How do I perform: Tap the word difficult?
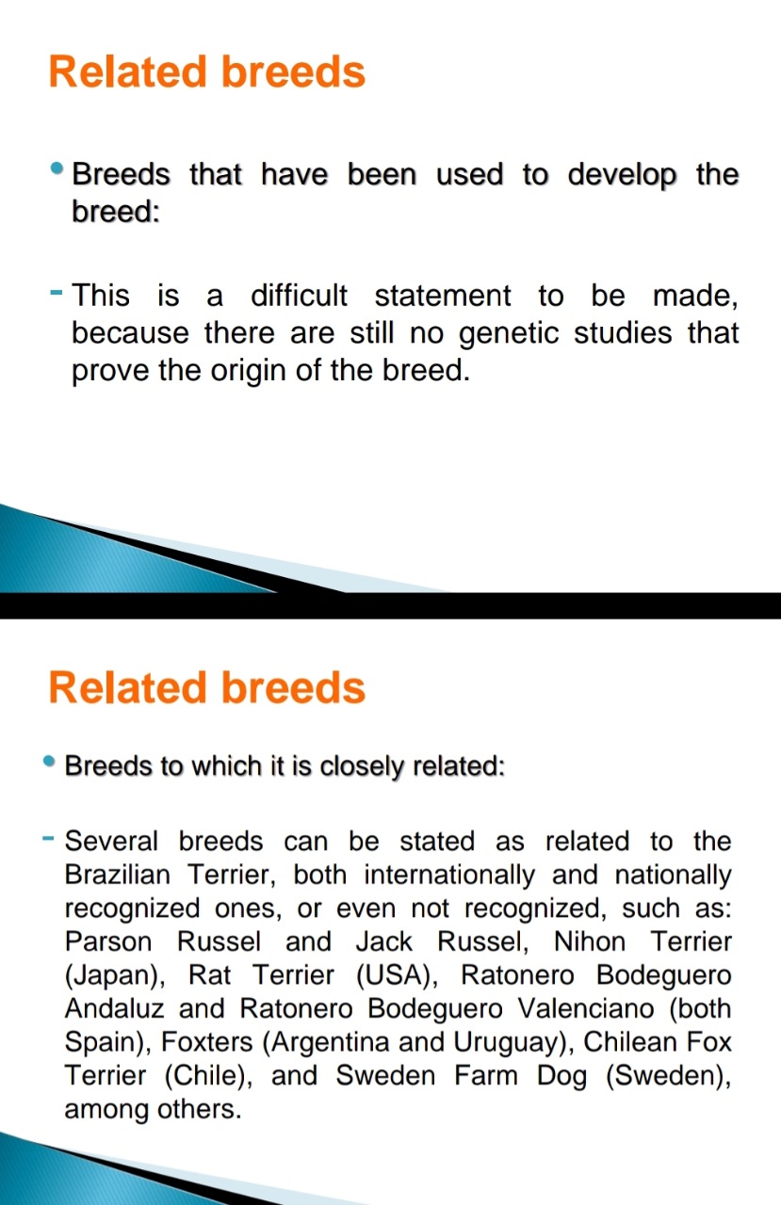tap(299, 296)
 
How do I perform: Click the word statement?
tap(443, 296)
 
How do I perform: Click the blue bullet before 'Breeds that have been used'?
tap(57, 169)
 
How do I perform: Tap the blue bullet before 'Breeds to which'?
tap(49, 762)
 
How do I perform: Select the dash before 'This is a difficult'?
tap(56, 293)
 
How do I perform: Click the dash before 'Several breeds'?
tap(48, 838)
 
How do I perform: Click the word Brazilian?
tap(118, 875)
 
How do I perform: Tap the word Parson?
tap(108, 942)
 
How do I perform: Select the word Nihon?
tap(590, 942)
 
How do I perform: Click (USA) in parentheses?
tap(398, 976)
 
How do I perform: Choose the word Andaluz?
tap(114, 1008)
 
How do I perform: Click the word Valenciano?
tap(586, 1008)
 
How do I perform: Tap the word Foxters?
tap(206, 1042)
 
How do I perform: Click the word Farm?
tap(486, 1075)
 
